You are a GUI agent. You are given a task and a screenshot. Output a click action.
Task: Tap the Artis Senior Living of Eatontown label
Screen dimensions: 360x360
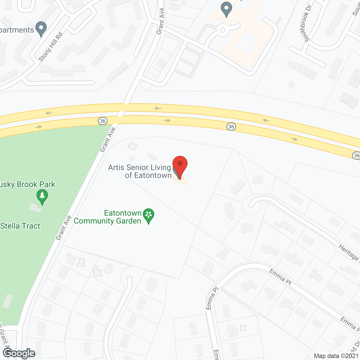click(x=140, y=171)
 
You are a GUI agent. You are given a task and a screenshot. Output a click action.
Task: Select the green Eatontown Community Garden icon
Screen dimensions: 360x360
click(x=148, y=215)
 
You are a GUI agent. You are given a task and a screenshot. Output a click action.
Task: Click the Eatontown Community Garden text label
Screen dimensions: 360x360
click(x=108, y=217)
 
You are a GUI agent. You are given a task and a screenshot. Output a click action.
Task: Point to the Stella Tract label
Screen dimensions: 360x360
click(x=20, y=226)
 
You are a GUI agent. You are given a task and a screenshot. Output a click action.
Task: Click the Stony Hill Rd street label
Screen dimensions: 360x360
click(x=51, y=47)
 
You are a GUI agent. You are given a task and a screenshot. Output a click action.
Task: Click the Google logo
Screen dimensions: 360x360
click(x=19, y=353)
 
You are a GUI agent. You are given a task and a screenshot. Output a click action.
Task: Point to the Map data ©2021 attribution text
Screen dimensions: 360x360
click(x=336, y=356)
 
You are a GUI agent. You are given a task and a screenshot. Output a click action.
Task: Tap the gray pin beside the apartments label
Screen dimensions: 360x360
click(x=41, y=28)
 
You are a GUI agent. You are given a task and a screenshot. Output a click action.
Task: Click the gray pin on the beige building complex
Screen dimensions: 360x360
click(x=226, y=9)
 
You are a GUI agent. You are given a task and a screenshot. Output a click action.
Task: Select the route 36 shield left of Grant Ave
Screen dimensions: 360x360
click(x=103, y=121)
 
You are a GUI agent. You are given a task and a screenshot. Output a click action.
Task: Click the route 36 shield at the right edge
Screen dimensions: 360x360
click(x=356, y=155)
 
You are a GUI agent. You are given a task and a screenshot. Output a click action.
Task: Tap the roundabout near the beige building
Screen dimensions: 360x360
click(x=223, y=30)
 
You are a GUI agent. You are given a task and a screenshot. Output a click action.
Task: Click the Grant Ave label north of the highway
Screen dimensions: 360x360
click(x=160, y=21)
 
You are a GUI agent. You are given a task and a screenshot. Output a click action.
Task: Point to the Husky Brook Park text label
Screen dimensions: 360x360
click(x=28, y=184)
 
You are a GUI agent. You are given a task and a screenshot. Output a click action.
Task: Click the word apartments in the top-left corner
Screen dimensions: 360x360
click(x=17, y=30)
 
